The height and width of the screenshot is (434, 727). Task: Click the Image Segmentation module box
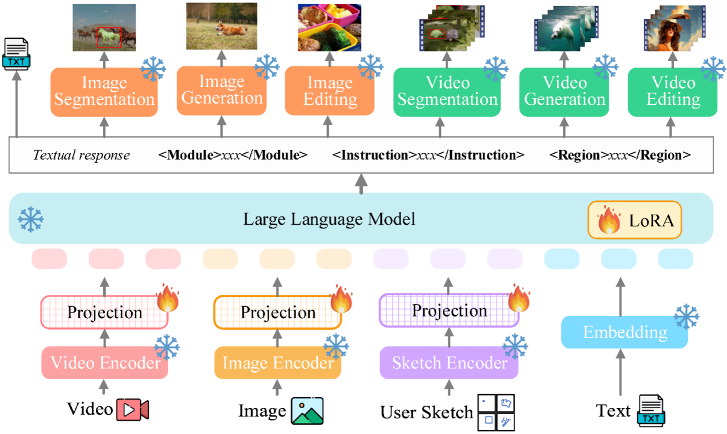click(x=104, y=91)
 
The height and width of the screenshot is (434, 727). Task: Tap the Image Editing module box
click(x=329, y=91)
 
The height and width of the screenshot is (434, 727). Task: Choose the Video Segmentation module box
click(x=447, y=91)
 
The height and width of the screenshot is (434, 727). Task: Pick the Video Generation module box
click(x=564, y=91)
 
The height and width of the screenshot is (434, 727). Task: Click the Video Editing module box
click(x=673, y=91)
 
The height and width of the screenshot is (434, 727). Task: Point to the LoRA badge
click(x=635, y=220)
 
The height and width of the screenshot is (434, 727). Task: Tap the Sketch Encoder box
click(x=449, y=363)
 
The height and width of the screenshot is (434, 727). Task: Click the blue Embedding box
click(x=624, y=332)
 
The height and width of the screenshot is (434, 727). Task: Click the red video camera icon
click(x=133, y=410)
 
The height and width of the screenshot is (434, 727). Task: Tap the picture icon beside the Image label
click(x=307, y=410)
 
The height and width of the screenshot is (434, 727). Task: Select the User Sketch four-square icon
click(x=497, y=412)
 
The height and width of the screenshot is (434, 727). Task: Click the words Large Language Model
click(x=329, y=219)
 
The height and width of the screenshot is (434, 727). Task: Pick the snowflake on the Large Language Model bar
click(x=30, y=219)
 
